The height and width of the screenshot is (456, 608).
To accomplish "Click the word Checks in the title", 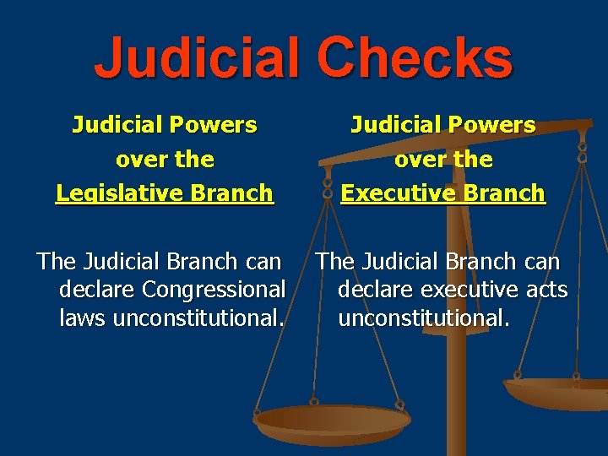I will [x=415, y=58].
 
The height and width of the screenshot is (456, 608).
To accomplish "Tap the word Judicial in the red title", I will [x=197, y=58].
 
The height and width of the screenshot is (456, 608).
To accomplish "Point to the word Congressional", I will [x=214, y=290].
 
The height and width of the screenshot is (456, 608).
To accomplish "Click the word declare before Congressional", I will [x=98, y=290].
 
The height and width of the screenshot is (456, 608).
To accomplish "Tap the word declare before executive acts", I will [x=377, y=290].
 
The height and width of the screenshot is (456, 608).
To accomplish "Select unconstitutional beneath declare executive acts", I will [x=424, y=318].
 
